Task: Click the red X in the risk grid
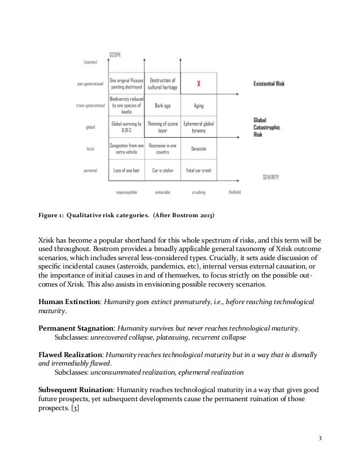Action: pos(198,83)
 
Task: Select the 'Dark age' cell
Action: pos(163,105)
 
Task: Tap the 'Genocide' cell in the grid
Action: pos(199,148)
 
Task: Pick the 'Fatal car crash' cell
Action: pos(199,170)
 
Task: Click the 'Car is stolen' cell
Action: pos(163,170)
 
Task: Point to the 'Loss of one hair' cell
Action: pos(126,170)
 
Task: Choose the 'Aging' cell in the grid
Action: pos(199,105)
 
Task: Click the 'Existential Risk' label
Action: pos(268,83)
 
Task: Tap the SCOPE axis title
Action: pos(116,55)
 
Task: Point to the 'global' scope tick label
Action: pos(90,127)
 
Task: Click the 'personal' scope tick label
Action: pos(89,170)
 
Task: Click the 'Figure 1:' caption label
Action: pos(50,214)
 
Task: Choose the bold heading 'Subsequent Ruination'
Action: pos(76,390)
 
